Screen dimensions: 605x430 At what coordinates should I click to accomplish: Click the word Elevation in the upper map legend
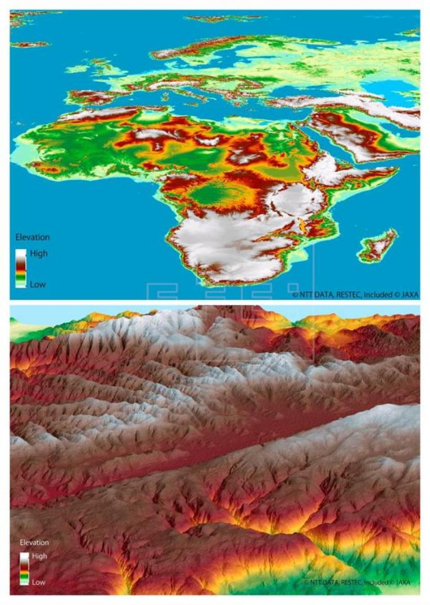[x=32, y=237]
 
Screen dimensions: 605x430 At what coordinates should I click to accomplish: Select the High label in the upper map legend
[x=38, y=253]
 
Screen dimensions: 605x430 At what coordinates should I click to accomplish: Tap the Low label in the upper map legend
[x=38, y=284]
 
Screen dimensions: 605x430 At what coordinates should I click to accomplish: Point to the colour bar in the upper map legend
[x=21, y=268]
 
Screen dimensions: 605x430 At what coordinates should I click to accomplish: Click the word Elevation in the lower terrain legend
[x=34, y=542]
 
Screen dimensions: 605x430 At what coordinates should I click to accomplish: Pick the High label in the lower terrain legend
[x=39, y=556]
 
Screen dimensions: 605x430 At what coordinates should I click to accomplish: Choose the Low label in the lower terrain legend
[x=38, y=582]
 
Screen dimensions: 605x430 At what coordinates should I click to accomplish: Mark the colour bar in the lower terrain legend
[x=24, y=569]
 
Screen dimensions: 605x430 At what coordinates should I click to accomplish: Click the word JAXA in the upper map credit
[x=409, y=295]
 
